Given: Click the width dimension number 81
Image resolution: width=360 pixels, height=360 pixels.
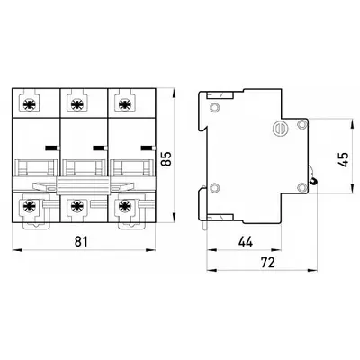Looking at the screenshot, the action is click(x=81, y=241).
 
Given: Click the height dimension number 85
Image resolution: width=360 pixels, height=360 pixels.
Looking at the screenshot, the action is click(x=166, y=158).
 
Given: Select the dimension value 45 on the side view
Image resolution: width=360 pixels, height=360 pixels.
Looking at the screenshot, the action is click(x=344, y=160).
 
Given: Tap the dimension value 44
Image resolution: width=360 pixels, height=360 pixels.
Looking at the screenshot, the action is click(x=246, y=241).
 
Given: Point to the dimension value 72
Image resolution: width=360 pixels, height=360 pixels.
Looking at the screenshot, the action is click(x=268, y=263).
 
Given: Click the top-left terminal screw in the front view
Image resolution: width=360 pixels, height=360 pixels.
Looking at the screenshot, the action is click(x=30, y=104).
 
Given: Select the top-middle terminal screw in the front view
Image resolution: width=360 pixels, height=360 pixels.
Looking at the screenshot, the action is click(x=76, y=104).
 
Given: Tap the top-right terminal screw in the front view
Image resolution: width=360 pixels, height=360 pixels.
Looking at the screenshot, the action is click(x=124, y=104).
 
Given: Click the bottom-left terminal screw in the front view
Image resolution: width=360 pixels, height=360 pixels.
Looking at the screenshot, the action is click(x=30, y=206).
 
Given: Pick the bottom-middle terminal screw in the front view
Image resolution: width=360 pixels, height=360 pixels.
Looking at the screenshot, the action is click(x=76, y=206).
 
